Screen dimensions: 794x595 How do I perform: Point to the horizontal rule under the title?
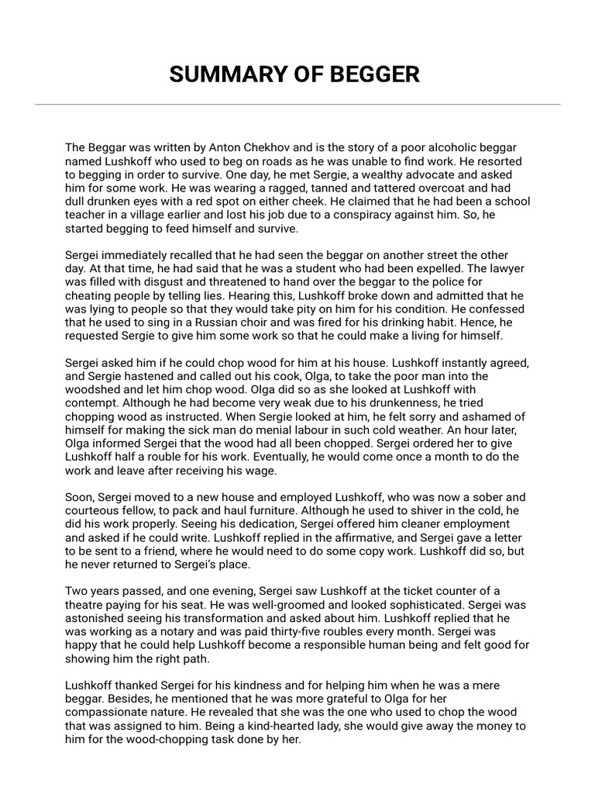(x=297, y=104)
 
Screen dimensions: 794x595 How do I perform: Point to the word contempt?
(x=91, y=404)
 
